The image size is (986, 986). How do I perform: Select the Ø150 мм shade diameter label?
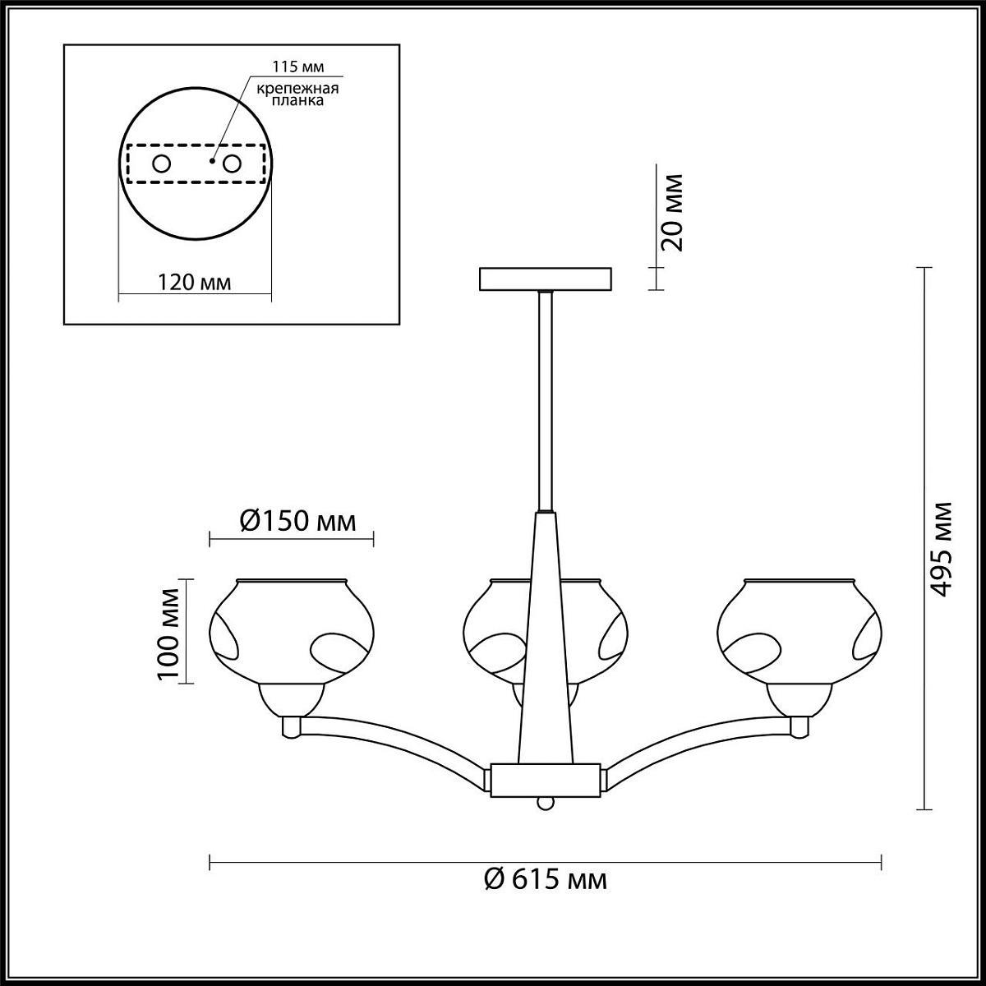click(x=297, y=522)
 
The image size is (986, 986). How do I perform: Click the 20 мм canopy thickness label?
click(x=671, y=212)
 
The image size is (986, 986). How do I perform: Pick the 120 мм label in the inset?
click(x=194, y=282)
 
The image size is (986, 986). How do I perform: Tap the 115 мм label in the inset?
click(x=297, y=67)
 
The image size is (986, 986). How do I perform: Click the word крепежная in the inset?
click(x=297, y=89)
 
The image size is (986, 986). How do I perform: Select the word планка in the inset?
click(x=297, y=100)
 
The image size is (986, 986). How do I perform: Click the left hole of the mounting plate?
click(x=162, y=164)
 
